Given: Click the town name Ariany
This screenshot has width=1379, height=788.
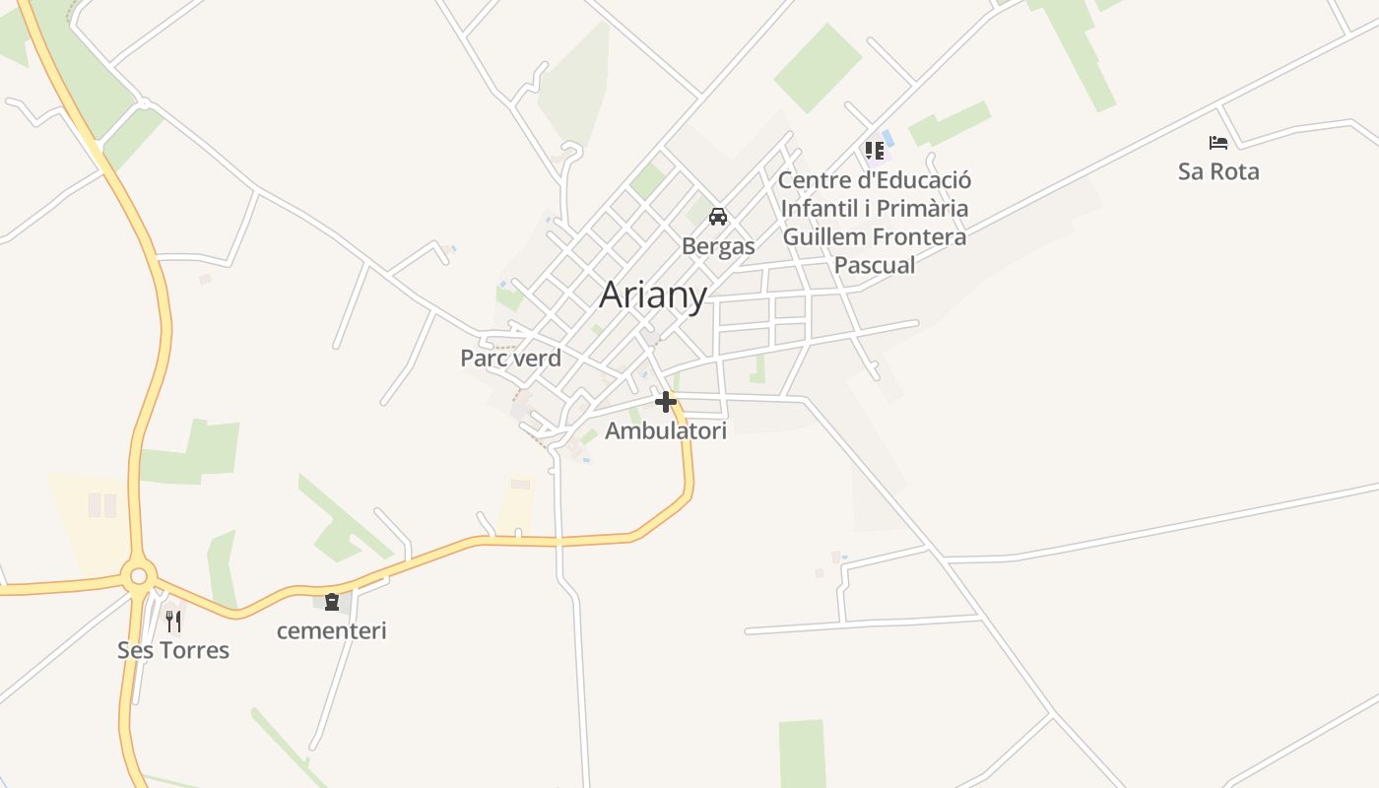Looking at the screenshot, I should tap(653, 295).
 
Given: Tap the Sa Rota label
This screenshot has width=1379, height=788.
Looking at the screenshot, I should tap(1218, 171).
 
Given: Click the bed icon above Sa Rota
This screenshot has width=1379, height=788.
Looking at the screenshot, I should tap(1218, 143).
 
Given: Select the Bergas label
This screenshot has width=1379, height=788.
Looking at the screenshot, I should tap(718, 246).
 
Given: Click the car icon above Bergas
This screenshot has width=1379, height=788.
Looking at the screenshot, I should tap(718, 217).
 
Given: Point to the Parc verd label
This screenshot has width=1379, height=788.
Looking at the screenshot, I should tap(510, 358).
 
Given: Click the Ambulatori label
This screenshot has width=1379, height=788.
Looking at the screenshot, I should tap(666, 430).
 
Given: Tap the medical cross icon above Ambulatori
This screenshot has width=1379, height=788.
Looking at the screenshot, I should tap(666, 402).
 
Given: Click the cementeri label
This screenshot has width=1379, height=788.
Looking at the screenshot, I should tap(331, 630).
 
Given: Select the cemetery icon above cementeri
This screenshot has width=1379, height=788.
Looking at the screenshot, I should tap(332, 601).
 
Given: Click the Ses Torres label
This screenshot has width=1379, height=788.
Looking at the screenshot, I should tap(173, 650).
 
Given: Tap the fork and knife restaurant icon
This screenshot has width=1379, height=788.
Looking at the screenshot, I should tap(173, 621).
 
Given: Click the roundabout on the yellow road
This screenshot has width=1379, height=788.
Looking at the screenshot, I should tap(138, 575).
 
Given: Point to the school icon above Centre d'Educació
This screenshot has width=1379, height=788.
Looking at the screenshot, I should tap(874, 151).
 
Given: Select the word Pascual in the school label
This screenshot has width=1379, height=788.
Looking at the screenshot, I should tap(875, 265).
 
